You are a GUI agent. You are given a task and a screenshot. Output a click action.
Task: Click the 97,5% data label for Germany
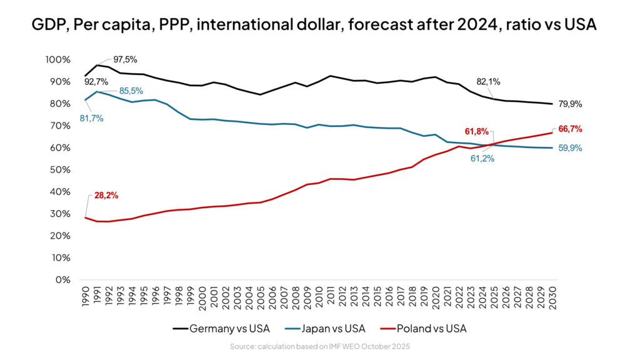coord(125,59)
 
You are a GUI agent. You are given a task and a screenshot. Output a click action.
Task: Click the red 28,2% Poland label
coord(106,196)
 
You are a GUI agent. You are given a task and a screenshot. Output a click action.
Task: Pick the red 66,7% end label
coord(570,129)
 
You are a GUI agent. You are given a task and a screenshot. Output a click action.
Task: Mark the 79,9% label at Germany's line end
coord(570,104)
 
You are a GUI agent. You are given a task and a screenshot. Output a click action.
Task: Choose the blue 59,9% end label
coord(570,148)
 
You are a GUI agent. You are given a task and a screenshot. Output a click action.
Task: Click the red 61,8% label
coord(476,131)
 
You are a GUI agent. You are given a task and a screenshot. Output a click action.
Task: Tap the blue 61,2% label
coord(482,159)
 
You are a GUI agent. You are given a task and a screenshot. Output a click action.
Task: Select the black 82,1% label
coord(488,81)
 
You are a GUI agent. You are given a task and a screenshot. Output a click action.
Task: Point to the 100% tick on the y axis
coord(59,59)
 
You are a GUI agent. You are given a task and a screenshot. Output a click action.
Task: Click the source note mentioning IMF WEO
coord(319,346)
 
